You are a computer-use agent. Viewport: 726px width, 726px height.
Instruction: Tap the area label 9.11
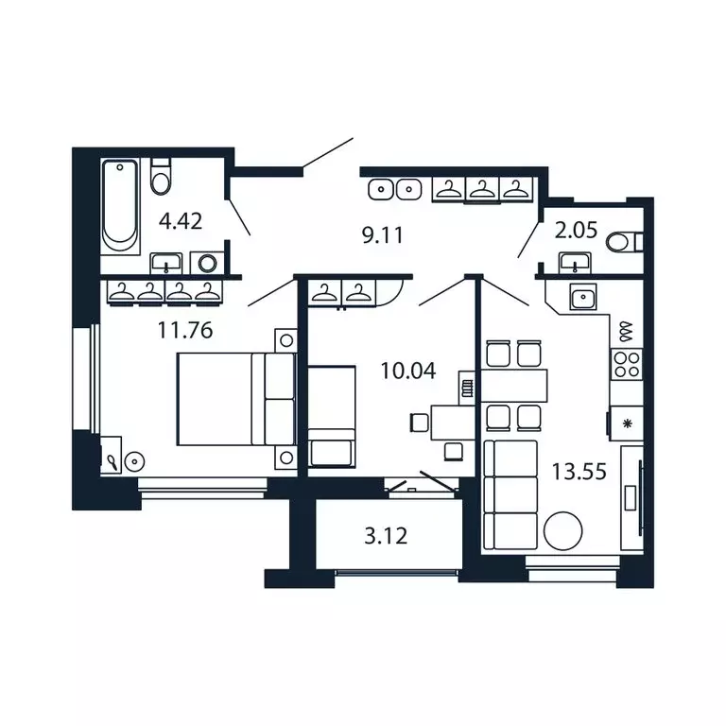coord(383,235)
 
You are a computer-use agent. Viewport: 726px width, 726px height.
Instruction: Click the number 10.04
coord(407,371)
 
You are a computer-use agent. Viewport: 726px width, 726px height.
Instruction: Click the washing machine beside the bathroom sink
coord(207,262)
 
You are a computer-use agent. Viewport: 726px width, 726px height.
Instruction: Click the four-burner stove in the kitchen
coord(626,362)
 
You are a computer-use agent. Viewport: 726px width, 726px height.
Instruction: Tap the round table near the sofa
coord(562,530)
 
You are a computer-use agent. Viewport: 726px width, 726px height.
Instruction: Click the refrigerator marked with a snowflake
coord(626,423)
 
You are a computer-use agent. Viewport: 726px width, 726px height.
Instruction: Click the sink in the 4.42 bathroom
coord(169,262)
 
